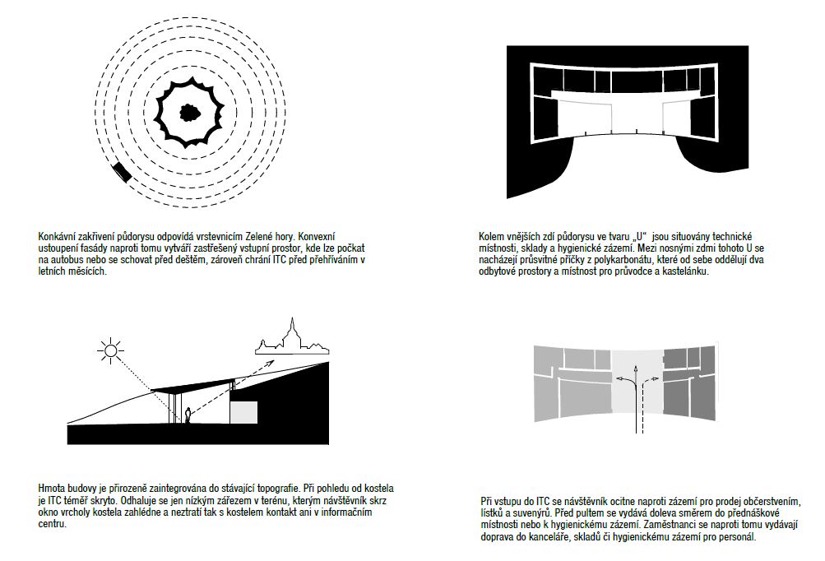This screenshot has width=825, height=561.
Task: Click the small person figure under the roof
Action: (188, 416)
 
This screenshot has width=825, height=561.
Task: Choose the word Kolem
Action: (491, 236)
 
